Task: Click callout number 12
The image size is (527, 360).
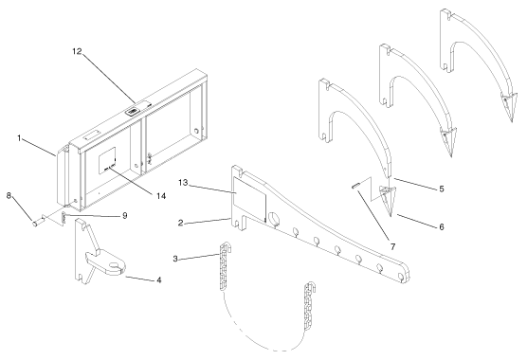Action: tap(77, 51)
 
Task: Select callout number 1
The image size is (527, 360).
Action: tap(20, 138)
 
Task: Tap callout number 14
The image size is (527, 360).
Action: tap(161, 196)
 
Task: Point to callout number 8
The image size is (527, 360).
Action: tap(9, 195)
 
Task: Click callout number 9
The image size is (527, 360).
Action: tap(125, 215)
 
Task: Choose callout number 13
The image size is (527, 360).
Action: tap(183, 183)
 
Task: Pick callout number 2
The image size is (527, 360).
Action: tap(181, 223)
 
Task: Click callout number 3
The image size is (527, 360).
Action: tap(175, 259)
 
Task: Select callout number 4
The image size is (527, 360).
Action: tap(159, 279)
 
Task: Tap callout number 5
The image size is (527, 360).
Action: tap(442, 189)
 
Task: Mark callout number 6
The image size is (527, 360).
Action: tap(442, 227)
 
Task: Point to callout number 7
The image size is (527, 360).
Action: tap(393, 247)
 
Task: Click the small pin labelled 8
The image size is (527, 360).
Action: tap(35, 223)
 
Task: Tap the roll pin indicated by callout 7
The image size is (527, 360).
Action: tap(355, 186)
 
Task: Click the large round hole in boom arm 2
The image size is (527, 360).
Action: tap(275, 219)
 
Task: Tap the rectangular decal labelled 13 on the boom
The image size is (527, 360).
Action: tap(249, 200)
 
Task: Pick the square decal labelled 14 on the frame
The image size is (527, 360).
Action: tap(107, 160)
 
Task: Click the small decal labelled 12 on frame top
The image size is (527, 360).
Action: tap(132, 111)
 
